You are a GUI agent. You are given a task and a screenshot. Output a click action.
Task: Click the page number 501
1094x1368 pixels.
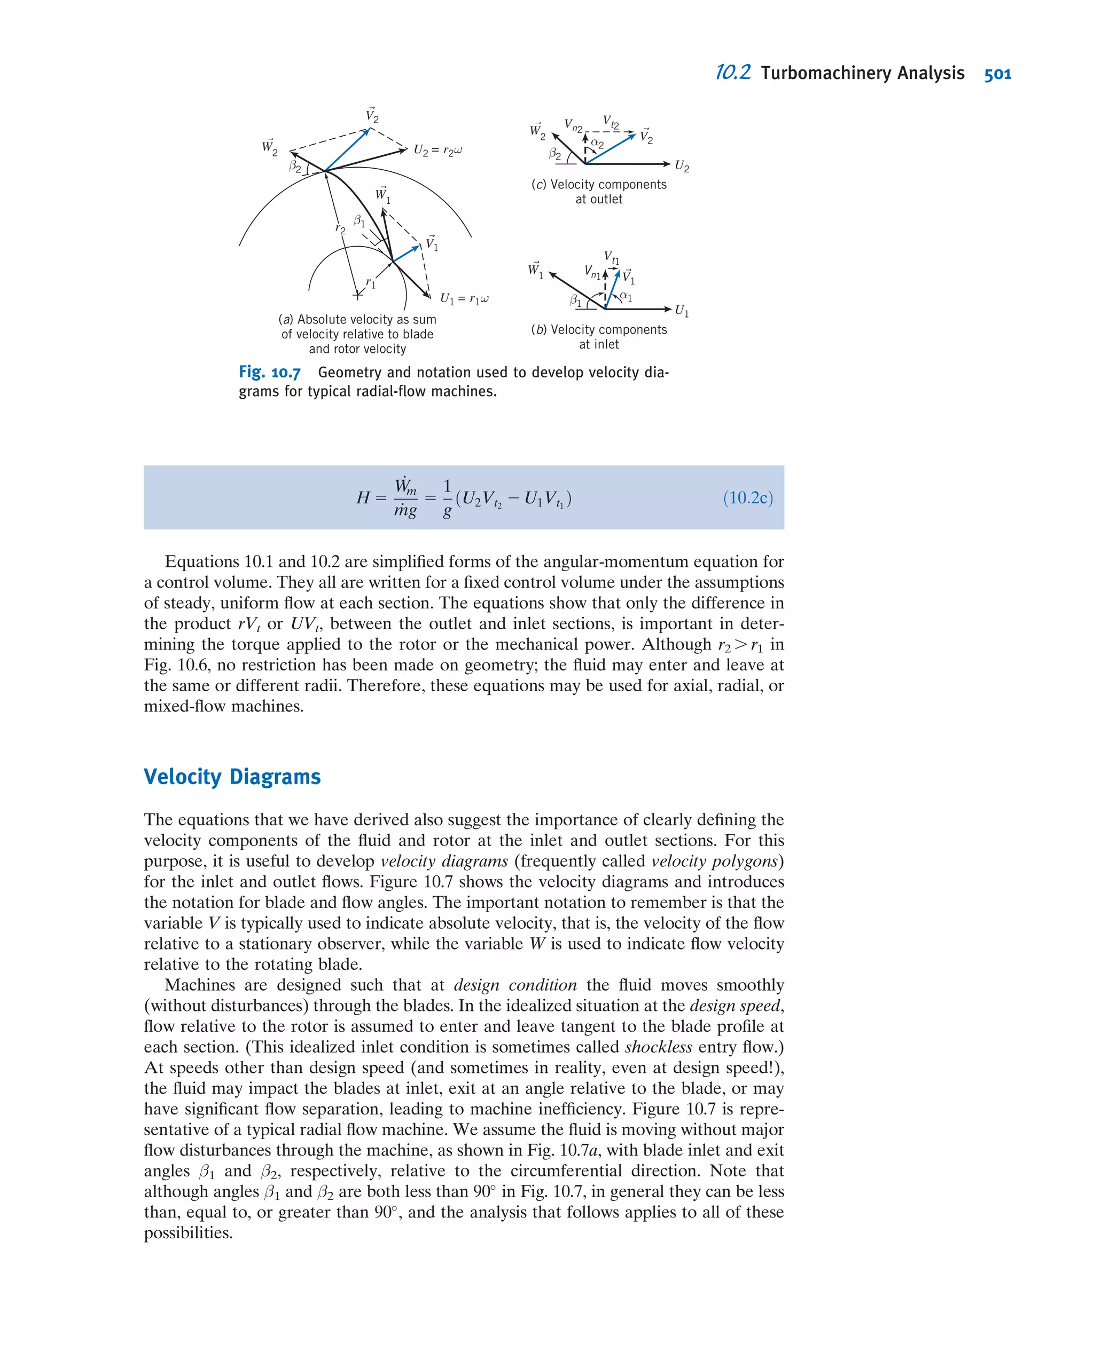(997, 74)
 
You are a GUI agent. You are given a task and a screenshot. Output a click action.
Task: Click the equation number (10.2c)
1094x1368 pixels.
(747, 497)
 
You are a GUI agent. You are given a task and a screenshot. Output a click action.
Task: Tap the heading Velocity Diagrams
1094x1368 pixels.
(232, 777)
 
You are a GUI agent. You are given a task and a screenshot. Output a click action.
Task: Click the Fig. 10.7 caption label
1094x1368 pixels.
(269, 373)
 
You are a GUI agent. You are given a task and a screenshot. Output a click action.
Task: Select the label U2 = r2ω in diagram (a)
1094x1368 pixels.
(438, 151)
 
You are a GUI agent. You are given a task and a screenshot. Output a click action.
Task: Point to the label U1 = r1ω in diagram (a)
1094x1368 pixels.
(464, 299)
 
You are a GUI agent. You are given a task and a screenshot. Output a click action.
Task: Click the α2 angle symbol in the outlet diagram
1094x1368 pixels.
(597, 144)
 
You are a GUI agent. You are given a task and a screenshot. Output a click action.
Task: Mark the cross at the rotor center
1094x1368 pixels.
(358, 295)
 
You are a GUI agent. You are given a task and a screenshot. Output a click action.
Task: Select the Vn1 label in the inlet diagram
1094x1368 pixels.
(592, 272)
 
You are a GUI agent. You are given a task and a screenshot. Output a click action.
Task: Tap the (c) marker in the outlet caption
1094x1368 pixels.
(539, 185)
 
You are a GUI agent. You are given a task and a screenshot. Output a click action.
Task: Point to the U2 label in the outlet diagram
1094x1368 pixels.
(681, 166)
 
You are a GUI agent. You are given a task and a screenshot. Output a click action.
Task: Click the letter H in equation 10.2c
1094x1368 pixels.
(363, 498)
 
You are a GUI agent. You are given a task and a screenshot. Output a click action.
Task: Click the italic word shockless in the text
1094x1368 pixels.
(658, 1047)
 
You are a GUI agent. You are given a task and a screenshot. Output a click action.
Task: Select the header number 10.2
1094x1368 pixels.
(733, 73)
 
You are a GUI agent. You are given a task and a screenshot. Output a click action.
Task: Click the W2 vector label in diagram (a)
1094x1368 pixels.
(270, 147)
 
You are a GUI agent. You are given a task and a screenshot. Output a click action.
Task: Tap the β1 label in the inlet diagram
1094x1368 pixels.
(575, 299)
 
